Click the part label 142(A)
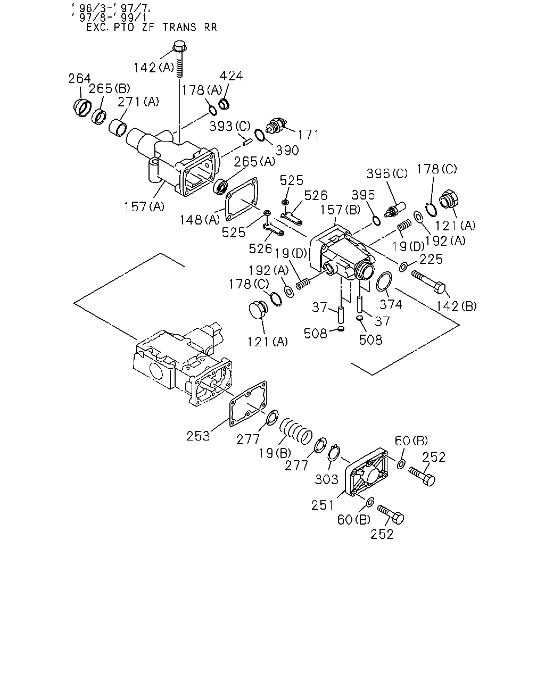pos(154,68)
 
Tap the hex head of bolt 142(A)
pos(179,46)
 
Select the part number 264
pos(79,78)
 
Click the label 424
pos(232,76)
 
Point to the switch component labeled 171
pos(276,126)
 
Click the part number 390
pos(287,151)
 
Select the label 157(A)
pos(144,206)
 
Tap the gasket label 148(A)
pos(200,220)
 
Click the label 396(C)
pos(387,174)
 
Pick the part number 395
pos(363,195)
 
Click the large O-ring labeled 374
pos(384,281)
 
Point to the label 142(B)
pos(456,306)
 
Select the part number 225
pos(431,259)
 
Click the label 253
pos(198,436)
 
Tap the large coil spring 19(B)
pos(296,431)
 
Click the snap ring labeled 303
pos(334,454)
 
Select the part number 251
pos(323,505)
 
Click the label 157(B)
pos(340,210)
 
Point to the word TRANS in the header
pos(179,27)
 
